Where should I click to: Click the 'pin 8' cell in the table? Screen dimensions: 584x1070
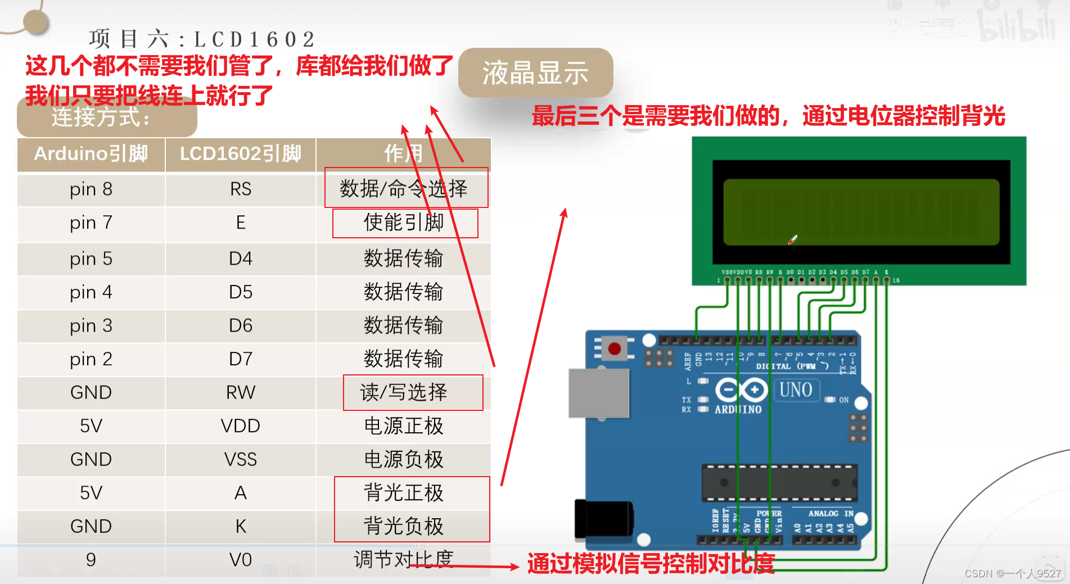[x=91, y=189]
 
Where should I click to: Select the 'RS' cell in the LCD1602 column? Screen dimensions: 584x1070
[x=241, y=189]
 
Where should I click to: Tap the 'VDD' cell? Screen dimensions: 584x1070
[x=241, y=426]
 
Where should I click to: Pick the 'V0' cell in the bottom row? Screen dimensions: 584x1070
[x=241, y=560]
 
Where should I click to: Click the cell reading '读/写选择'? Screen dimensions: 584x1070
[x=404, y=392]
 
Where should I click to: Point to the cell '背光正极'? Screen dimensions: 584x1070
[x=404, y=493]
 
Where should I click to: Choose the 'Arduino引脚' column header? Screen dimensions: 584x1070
[x=91, y=154]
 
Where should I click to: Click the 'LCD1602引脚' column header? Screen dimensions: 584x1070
[x=241, y=154]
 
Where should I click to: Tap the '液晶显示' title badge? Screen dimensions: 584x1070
[x=535, y=73]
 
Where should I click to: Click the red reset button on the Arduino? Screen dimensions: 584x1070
[x=615, y=348]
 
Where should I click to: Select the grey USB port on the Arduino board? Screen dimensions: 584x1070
[x=598, y=393]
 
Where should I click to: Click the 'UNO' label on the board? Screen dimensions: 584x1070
[x=796, y=390]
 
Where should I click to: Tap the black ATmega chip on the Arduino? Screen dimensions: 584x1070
[x=779, y=483]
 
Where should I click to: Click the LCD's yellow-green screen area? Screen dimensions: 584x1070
[x=861, y=212]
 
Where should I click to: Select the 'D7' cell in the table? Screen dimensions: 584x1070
[x=241, y=359]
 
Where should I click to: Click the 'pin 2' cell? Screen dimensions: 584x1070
[x=91, y=359]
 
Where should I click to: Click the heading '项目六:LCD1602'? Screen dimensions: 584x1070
[x=202, y=39]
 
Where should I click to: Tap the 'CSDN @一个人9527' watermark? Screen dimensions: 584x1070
[x=1012, y=573]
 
